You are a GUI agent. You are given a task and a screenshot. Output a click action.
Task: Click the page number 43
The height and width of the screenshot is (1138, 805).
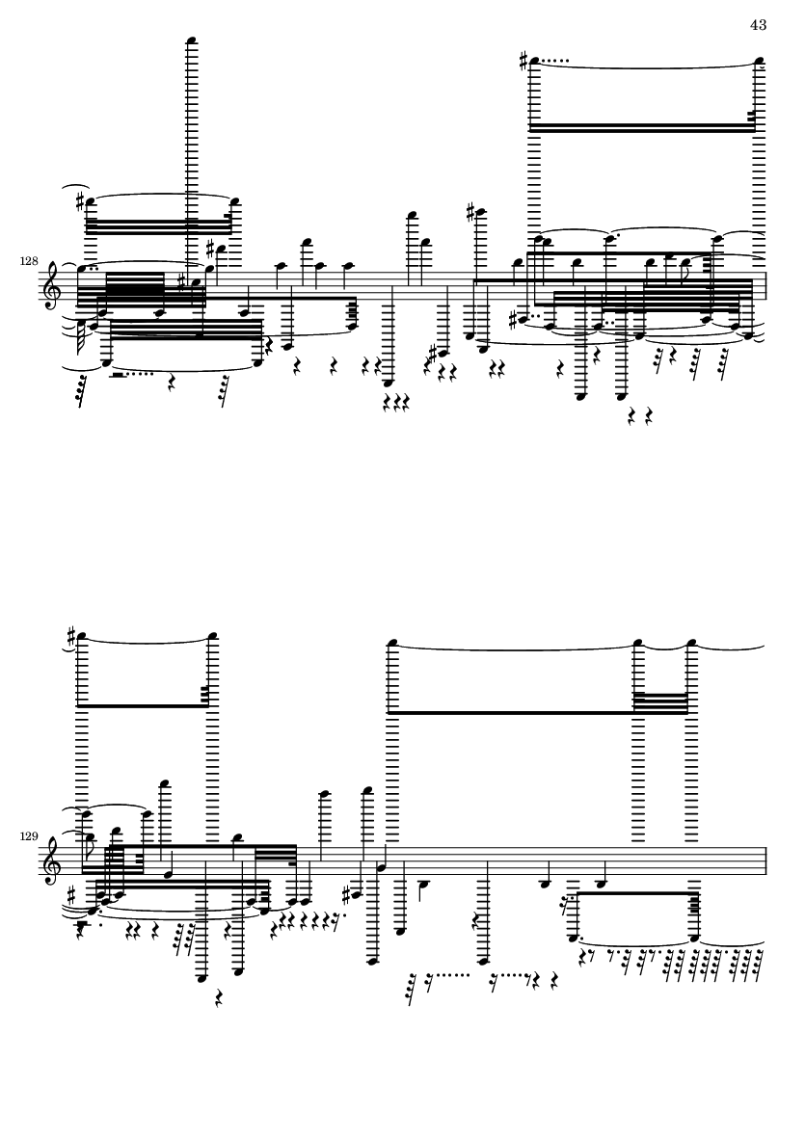(758, 24)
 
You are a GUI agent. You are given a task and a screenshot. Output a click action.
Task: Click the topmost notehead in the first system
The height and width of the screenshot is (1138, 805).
(193, 40)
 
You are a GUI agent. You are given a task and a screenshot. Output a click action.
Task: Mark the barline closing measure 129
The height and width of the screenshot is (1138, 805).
(765, 859)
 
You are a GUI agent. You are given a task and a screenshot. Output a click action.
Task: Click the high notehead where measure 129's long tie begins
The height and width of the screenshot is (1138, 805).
(390, 643)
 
